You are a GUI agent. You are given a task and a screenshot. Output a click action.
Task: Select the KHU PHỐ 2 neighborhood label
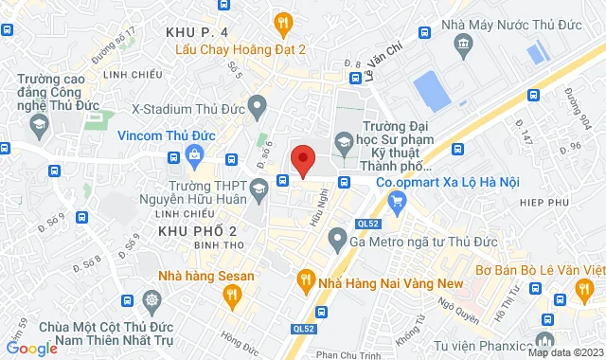pyautogui.click(x=197, y=231)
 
